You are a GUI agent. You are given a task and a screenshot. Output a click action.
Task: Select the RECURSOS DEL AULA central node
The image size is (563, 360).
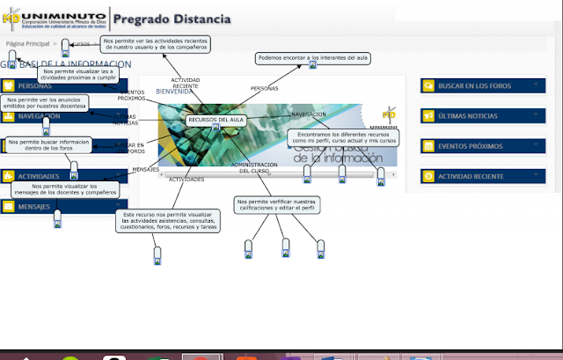216,119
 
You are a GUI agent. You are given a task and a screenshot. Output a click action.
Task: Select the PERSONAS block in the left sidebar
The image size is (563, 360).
35,86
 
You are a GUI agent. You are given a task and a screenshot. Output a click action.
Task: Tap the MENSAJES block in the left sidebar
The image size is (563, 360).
35,207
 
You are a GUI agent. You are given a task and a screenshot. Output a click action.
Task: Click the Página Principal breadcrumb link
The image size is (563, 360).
27,42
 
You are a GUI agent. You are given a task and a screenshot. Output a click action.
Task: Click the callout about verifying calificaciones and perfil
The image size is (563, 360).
280,205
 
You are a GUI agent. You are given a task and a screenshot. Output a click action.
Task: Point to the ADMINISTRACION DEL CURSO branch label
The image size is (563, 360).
254,167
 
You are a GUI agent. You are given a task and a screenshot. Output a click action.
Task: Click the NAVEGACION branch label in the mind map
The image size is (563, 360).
309,114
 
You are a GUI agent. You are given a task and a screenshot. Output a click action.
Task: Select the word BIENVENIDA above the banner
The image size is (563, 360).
173,92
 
